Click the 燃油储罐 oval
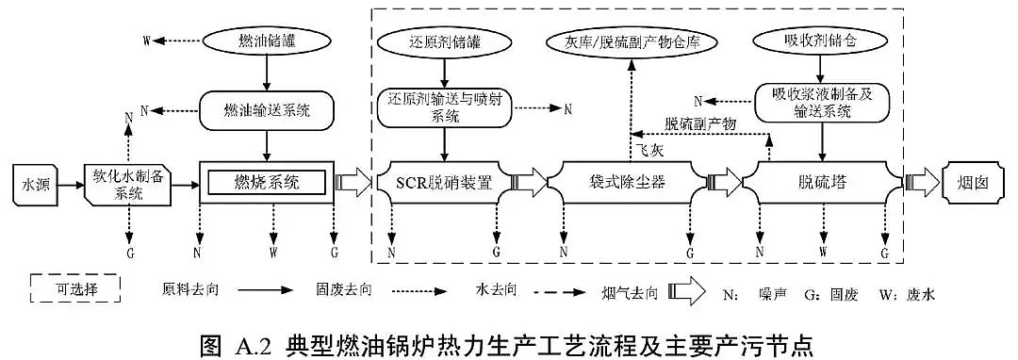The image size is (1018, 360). (x=269, y=41)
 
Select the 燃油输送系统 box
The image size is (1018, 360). (x=269, y=109)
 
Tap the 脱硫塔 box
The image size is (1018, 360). (x=819, y=182)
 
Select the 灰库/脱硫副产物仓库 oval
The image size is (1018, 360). (x=630, y=41)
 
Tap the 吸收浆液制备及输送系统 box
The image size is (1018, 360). (x=818, y=103)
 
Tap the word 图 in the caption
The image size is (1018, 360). (x=211, y=340)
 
